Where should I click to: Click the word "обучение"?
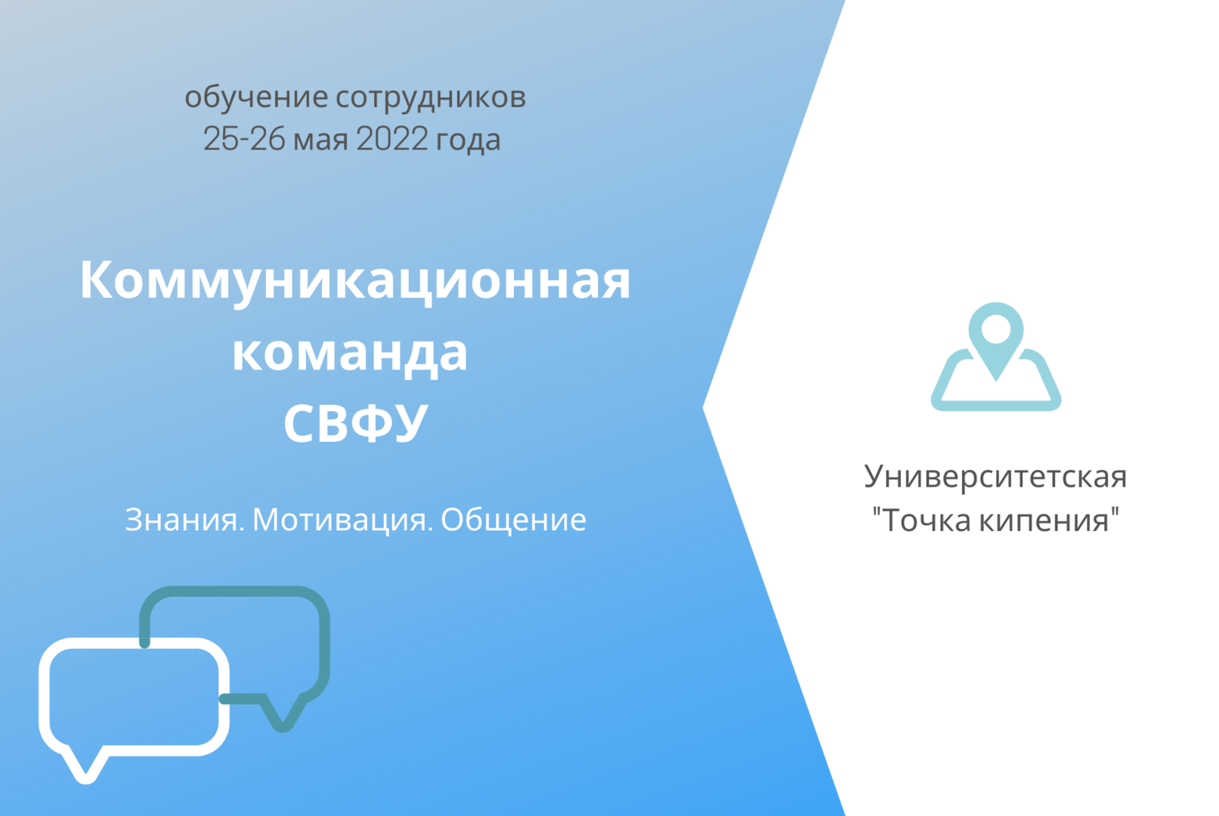255,97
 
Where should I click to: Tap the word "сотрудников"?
430,97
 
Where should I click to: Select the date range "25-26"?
244,140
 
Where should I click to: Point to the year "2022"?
391,140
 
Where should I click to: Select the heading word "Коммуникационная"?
354,280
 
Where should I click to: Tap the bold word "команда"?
350,352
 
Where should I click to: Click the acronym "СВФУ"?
355,422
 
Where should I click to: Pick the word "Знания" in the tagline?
184,520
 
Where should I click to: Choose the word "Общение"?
513,520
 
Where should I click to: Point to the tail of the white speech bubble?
85,767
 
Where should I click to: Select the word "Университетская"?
995,477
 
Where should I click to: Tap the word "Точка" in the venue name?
927,521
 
